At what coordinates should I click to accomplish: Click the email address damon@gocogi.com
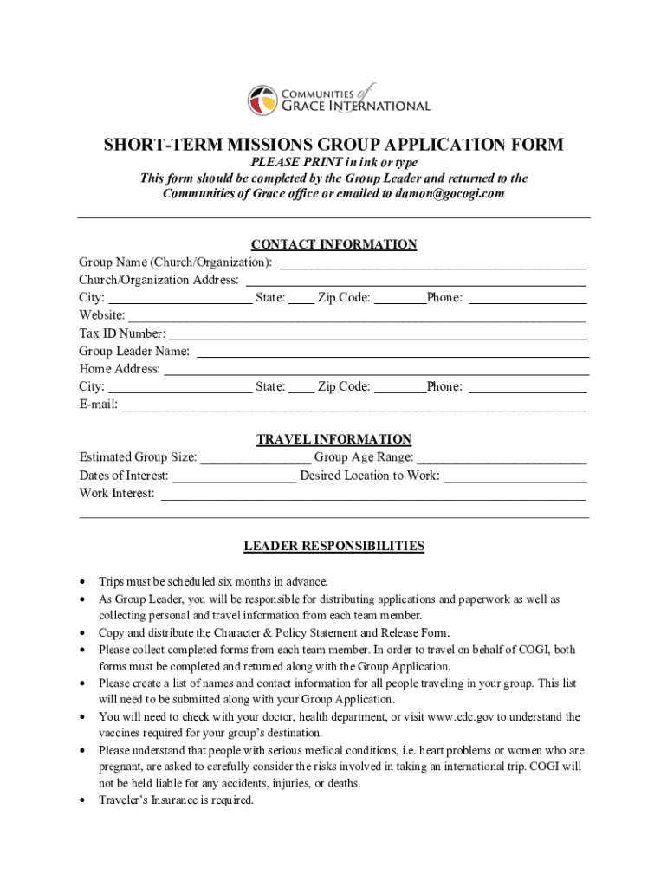point(450,194)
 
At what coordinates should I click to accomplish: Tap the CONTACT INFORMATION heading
point(333,245)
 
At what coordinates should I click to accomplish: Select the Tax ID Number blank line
point(378,335)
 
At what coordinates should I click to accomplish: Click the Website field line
point(356,318)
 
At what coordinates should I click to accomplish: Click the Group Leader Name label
point(134,352)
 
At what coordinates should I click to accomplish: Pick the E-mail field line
point(353,406)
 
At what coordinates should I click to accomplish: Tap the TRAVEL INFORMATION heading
point(333,440)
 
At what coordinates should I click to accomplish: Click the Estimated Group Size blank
point(256,459)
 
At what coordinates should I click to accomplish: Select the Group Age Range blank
point(502,459)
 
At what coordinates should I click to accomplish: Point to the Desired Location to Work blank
point(515,477)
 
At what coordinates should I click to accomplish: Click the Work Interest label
point(117,494)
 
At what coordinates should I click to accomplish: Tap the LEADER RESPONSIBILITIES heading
point(333,547)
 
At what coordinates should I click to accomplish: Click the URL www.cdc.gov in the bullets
point(460,717)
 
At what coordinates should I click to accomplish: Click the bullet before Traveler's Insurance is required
point(82,801)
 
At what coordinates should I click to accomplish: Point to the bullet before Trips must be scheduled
point(82,582)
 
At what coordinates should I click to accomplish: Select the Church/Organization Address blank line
point(416,282)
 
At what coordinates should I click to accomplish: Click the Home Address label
point(120,369)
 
